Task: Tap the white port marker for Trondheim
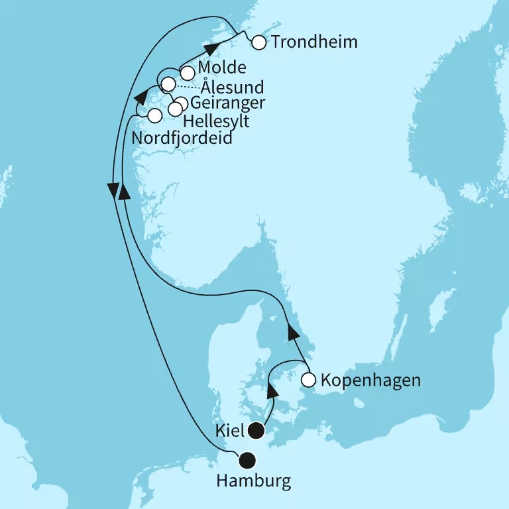point(258,42)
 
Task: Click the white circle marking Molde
point(188,72)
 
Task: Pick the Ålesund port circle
point(168,84)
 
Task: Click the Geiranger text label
point(228,103)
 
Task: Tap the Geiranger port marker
point(180,103)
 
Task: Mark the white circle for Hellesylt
point(175,109)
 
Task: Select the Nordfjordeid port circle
point(154,115)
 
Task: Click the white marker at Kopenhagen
point(308,380)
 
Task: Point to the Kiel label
point(229,430)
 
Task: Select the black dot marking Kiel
point(256,432)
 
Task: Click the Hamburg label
point(254,481)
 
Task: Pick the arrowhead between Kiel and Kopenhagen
point(272,392)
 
